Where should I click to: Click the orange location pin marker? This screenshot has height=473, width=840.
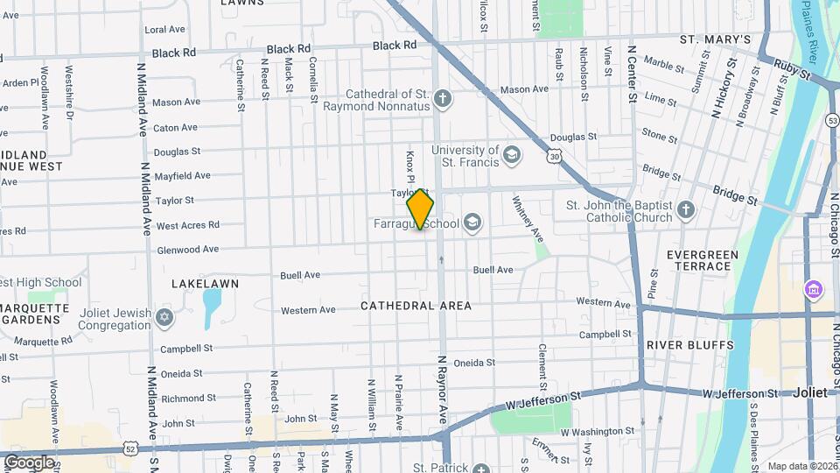coord(420,208)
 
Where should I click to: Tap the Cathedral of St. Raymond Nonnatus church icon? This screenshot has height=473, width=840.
coord(444,97)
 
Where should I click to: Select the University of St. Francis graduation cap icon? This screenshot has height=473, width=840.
coord(511,156)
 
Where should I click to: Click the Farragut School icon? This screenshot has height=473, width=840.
coord(473,222)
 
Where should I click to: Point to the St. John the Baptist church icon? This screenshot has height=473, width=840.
coord(685,208)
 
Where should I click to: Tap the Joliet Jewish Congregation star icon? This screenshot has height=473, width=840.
coord(164,316)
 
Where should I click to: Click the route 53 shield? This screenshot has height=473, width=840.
coord(832,120)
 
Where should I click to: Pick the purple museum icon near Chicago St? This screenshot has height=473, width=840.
coord(813,289)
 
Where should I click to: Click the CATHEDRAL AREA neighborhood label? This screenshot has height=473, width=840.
coord(416,306)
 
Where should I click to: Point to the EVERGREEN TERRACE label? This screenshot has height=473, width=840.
coord(702,262)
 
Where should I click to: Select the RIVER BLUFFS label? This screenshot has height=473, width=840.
coord(690,345)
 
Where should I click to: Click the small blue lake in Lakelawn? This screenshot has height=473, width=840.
coord(212,308)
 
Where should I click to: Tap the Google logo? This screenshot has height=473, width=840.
coord(29,462)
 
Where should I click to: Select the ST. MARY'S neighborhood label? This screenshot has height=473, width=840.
coord(716,39)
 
